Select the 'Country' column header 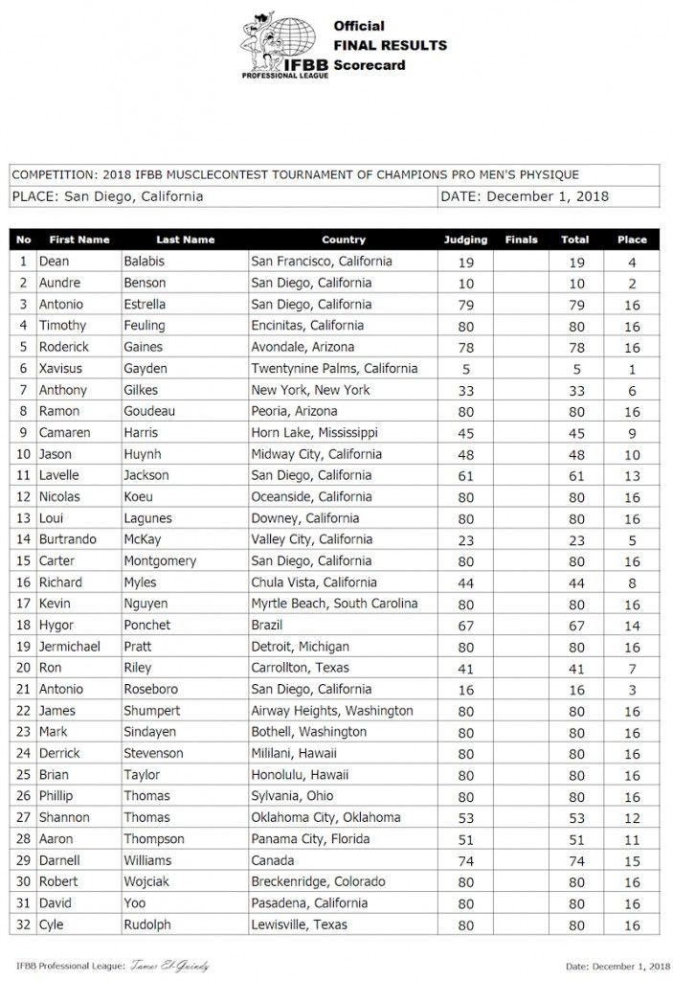pos(344,240)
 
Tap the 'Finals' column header pos(521,240)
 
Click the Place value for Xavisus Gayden pos(631,369)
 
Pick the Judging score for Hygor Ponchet pos(466,626)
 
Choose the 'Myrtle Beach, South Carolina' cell pos(334,604)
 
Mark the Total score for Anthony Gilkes pos(574,390)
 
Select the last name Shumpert pos(154,711)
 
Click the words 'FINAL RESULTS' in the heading pos(389,45)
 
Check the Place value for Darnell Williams pos(631,860)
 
